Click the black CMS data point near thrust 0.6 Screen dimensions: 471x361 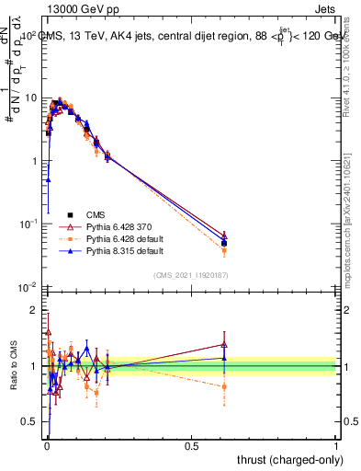tap(224, 243)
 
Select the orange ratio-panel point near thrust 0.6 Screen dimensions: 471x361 tap(224, 386)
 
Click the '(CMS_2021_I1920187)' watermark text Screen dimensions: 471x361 tap(190, 274)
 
